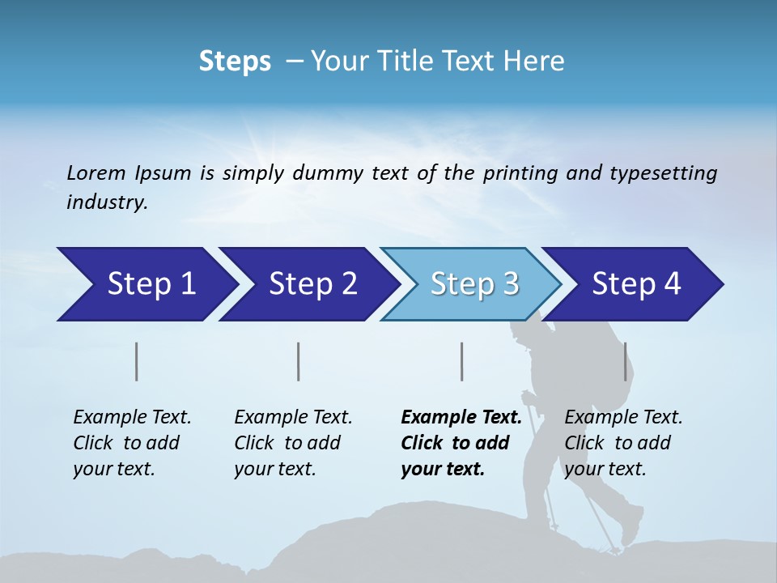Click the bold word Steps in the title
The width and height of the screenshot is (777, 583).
235,62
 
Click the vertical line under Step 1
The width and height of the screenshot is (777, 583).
137,361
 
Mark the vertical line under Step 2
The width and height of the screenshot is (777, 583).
299,361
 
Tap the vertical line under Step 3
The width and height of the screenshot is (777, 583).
461,361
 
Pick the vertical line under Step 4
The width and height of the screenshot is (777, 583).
625,361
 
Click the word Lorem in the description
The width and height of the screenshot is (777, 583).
96,173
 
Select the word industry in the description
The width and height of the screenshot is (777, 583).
106,202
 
